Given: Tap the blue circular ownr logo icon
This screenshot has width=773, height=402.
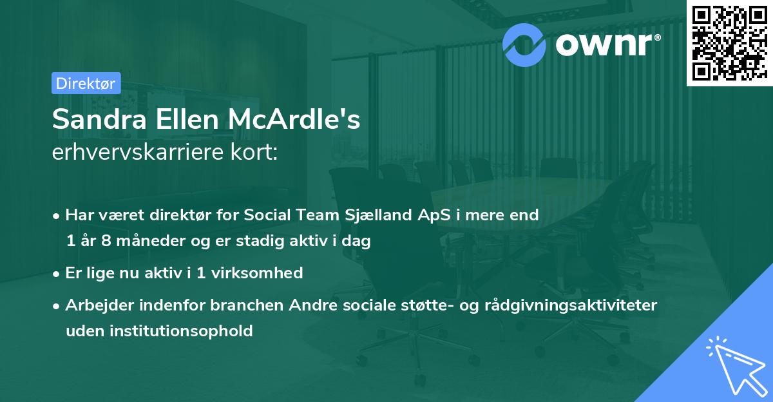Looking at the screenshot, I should pyautogui.click(x=524, y=44).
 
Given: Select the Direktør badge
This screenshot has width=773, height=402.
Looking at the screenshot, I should pyautogui.click(x=86, y=83).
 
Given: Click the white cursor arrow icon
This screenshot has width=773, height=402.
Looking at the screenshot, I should pyautogui.click(x=732, y=365).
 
